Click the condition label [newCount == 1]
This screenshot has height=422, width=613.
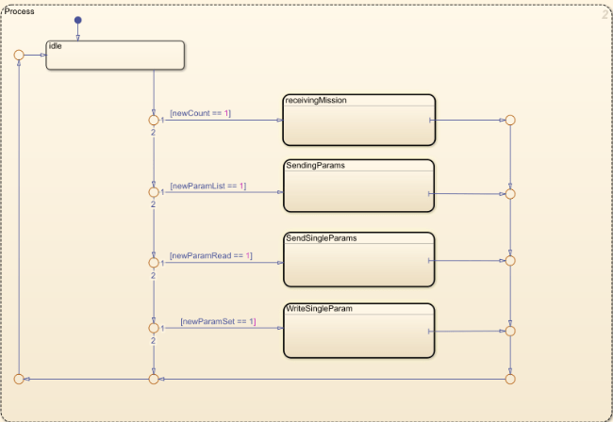click(x=200, y=113)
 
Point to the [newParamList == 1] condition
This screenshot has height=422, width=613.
click(x=207, y=186)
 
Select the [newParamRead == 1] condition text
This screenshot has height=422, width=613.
click(x=210, y=255)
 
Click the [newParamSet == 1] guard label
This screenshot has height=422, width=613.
click(x=218, y=322)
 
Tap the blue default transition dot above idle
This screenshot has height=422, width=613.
click(x=77, y=20)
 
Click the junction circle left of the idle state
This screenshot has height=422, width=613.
click(x=19, y=55)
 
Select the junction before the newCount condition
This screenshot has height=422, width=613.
click(x=153, y=121)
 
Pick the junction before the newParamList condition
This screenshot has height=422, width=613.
click(x=153, y=192)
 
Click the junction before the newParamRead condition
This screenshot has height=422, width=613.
click(x=153, y=261)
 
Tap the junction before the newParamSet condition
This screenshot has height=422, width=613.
click(x=153, y=328)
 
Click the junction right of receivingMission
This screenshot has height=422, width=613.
click(x=510, y=121)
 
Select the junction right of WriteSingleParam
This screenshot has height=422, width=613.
click(x=510, y=331)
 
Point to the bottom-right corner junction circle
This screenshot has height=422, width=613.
click(x=510, y=379)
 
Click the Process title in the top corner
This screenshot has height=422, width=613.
click(x=20, y=11)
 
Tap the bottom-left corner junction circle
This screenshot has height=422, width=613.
click(x=19, y=379)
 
